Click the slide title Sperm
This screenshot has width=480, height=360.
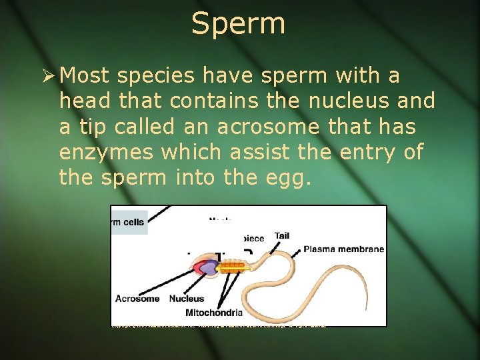(x=238, y=24)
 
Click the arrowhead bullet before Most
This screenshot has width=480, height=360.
(x=47, y=76)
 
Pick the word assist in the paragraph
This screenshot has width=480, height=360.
(x=259, y=152)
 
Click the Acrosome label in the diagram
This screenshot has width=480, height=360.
(x=137, y=299)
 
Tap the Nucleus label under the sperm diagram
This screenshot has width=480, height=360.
(x=187, y=299)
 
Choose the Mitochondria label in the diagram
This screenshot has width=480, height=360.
(x=214, y=312)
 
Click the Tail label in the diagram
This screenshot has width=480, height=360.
(x=281, y=236)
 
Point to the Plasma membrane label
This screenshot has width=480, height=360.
(x=343, y=249)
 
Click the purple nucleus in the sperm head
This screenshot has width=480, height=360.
(x=211, y=268)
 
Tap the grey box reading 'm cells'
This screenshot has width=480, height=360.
(x=129, y=222)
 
